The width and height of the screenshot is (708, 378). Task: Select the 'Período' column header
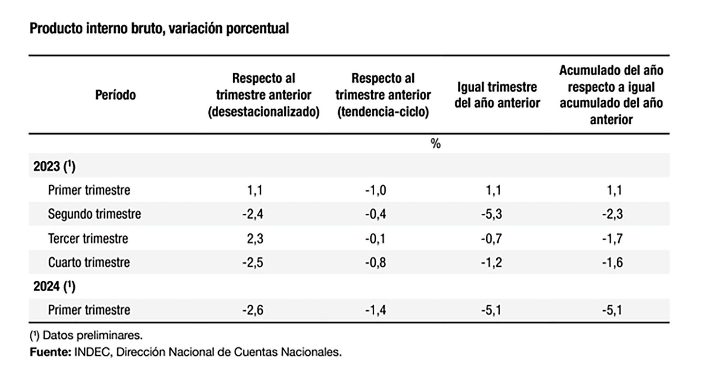pyautogui.click(x=115, y=95)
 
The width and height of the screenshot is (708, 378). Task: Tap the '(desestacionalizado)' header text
pyautogui.click(x=264, y=112)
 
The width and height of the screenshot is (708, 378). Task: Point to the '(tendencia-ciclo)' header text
pyautogui.click(x=383, y=112)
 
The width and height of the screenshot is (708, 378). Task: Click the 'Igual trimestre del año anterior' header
pyautogui.click(x=497, y=95)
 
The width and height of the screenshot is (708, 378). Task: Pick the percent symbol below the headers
pyautogui.click(x=435, y=144)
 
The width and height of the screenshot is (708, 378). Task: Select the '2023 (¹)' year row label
pyautogui.click(x=54, y=166)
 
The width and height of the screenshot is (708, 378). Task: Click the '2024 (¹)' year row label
pyautogui.click(x=54, y=286)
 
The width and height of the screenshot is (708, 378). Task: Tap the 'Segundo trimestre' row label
pyautogui.click(x=94, y=214)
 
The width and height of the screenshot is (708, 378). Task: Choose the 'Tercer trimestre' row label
pyautogui.click(x=88, y=238)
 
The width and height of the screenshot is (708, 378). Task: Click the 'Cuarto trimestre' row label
pyautogui.click(x=89, y=262)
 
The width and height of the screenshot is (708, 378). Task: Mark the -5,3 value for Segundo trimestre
pyautogui.click(x=491, y=214)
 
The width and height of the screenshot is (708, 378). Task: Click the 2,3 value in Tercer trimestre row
pyautogui.click(x=255, y=238)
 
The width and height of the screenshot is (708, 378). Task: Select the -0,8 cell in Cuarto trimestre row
pyautogui.click(x=375, y=262)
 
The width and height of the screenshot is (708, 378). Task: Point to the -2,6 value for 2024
pyautogui.click(x=253, y=310)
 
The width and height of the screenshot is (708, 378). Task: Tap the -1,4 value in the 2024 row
pyautogui.click(x=375, y=310)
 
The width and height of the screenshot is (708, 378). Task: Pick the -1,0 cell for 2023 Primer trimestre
pyautogui.click(x=375, y=190)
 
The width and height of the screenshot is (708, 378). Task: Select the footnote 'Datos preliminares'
pyautogui.click(x=92, y=335)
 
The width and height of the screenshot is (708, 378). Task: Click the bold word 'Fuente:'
pyautogui.click(x=50, y=352)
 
